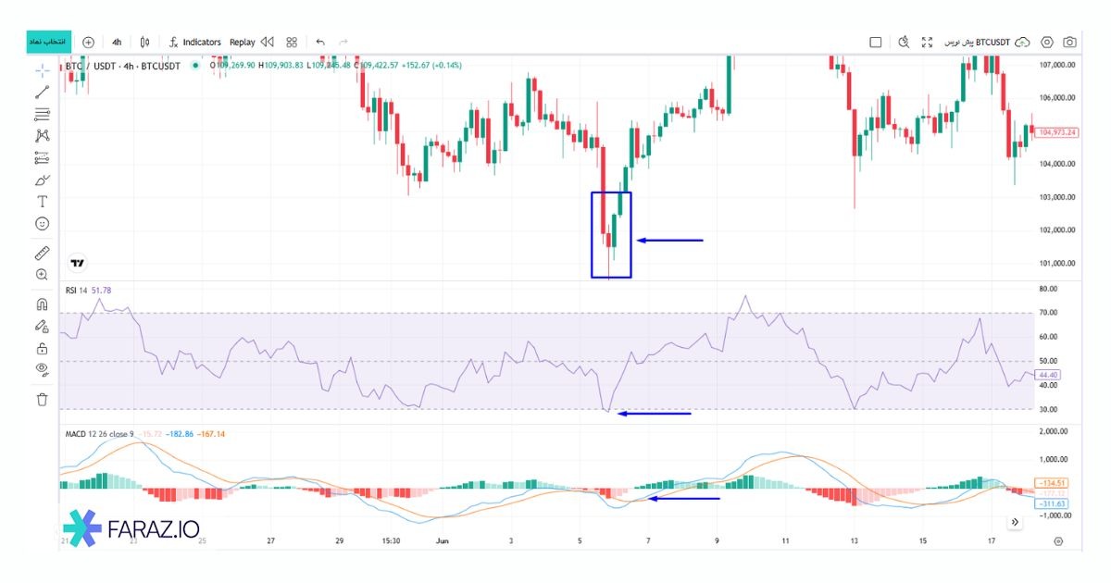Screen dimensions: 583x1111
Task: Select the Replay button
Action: click(243, 42)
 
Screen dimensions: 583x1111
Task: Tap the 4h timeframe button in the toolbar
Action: click(117, 42)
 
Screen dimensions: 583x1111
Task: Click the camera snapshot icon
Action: click(1069, 42)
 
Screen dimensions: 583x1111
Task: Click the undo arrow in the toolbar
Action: click(320, 42)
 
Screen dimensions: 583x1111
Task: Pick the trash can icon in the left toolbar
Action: click(42, 399)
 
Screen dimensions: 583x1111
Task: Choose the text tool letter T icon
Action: click(42, 201)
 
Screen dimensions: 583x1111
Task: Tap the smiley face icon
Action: click(42, 224)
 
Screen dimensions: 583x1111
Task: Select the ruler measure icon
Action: click(42, 253)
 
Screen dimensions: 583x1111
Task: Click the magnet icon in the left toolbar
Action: click(42, 304)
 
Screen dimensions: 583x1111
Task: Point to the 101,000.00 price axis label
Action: click(1057, 263)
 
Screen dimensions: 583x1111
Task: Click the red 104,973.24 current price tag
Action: click(1057, 132)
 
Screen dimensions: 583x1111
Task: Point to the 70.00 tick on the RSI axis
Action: click(1049, 313)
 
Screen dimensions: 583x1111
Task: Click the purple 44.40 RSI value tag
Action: click(1049, 375)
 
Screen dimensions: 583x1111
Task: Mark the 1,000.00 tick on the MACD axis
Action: click(1056, 459)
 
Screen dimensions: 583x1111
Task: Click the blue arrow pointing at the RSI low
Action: click(654, 414)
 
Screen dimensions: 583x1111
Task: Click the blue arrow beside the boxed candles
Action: click(669, 241)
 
